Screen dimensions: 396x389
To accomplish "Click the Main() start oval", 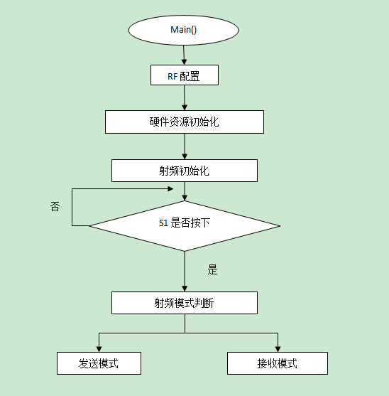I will pos(183,30).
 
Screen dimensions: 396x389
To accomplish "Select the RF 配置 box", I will pos(184,75).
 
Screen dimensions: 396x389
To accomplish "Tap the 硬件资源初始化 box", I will pos(185,122).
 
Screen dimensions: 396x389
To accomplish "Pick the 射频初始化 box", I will pos(185,171).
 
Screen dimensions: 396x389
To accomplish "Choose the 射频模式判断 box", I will pos(185,303).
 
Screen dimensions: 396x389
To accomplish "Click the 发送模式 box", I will pos(99,363).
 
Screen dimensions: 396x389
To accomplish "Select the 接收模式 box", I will pos(277,363).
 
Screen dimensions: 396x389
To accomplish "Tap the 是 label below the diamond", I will pos(212,270).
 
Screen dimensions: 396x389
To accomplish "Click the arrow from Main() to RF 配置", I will pos(184,55).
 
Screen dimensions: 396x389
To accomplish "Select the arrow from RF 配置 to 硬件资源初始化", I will pos(185,98).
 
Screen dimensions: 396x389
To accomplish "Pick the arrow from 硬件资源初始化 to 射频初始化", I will pos(185,146).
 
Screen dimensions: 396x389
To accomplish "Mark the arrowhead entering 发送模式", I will pos(99,348).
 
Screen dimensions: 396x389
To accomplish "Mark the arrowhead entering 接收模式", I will pos(277,348).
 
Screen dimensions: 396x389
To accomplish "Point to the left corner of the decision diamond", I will pos(90,225).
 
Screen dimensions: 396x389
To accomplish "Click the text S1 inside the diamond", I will pos(163,223).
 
